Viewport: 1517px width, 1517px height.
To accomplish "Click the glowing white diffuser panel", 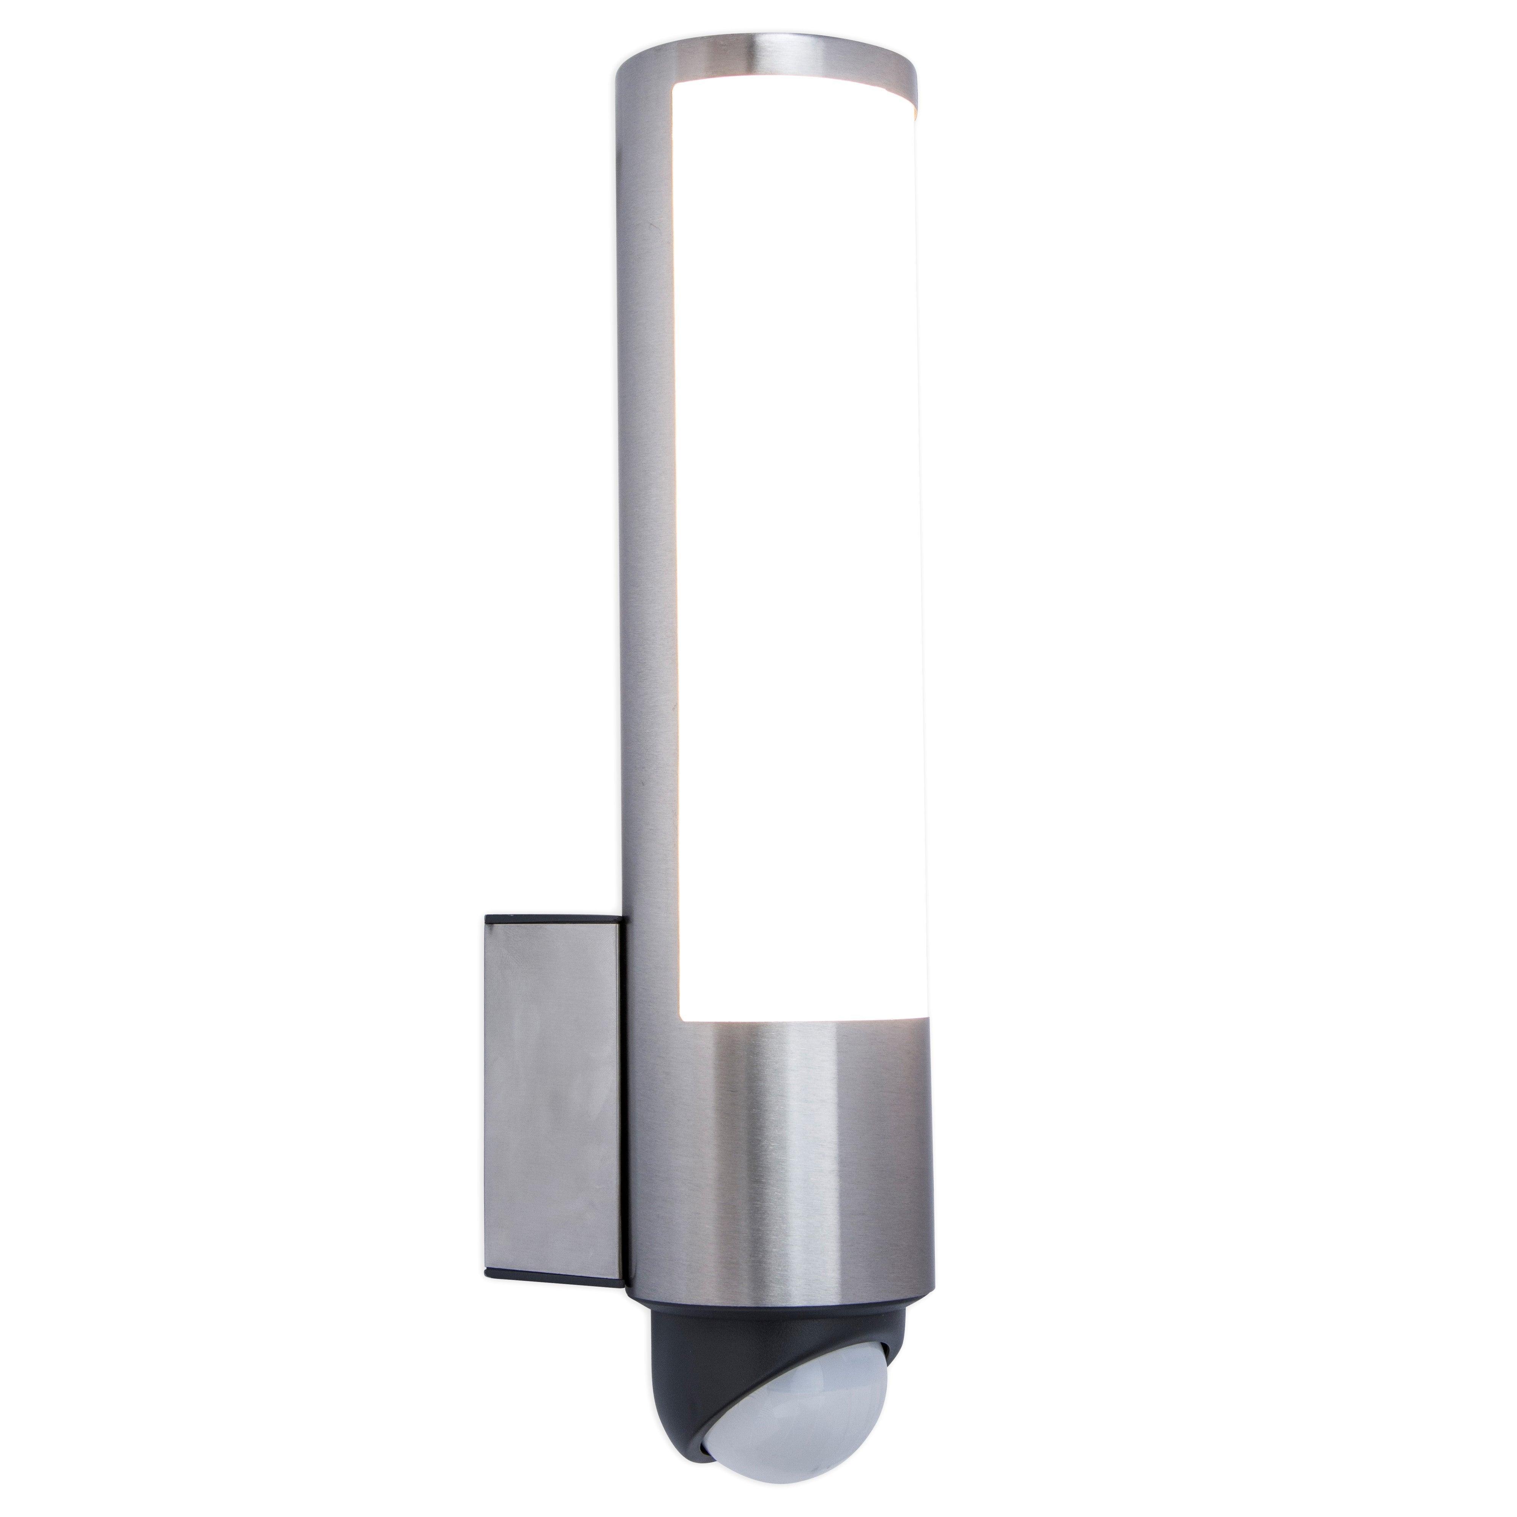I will point(801,549).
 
